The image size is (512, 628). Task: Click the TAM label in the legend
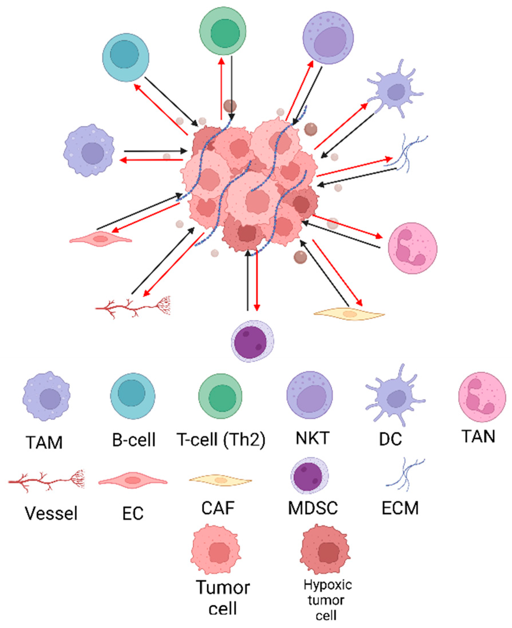tap(44, 442)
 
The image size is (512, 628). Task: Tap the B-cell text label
tap(134, 440)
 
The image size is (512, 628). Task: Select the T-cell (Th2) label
tap(221, 439)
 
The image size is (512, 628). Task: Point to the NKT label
tap(312, 438)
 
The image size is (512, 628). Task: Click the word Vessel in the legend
tap(51, 513)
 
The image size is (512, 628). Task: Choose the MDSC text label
tap(313, 508)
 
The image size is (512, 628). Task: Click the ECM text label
tap(400, 508)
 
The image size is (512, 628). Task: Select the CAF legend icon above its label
tap(221, 480)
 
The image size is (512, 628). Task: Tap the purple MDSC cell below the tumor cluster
tap(252, 341)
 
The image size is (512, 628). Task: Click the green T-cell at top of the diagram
tap(223, 31)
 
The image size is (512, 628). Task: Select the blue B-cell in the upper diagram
tap(126, 57)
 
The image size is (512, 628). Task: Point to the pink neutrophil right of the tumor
tap(412, 248)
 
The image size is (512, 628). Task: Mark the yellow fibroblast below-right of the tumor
tap(349, 314)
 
